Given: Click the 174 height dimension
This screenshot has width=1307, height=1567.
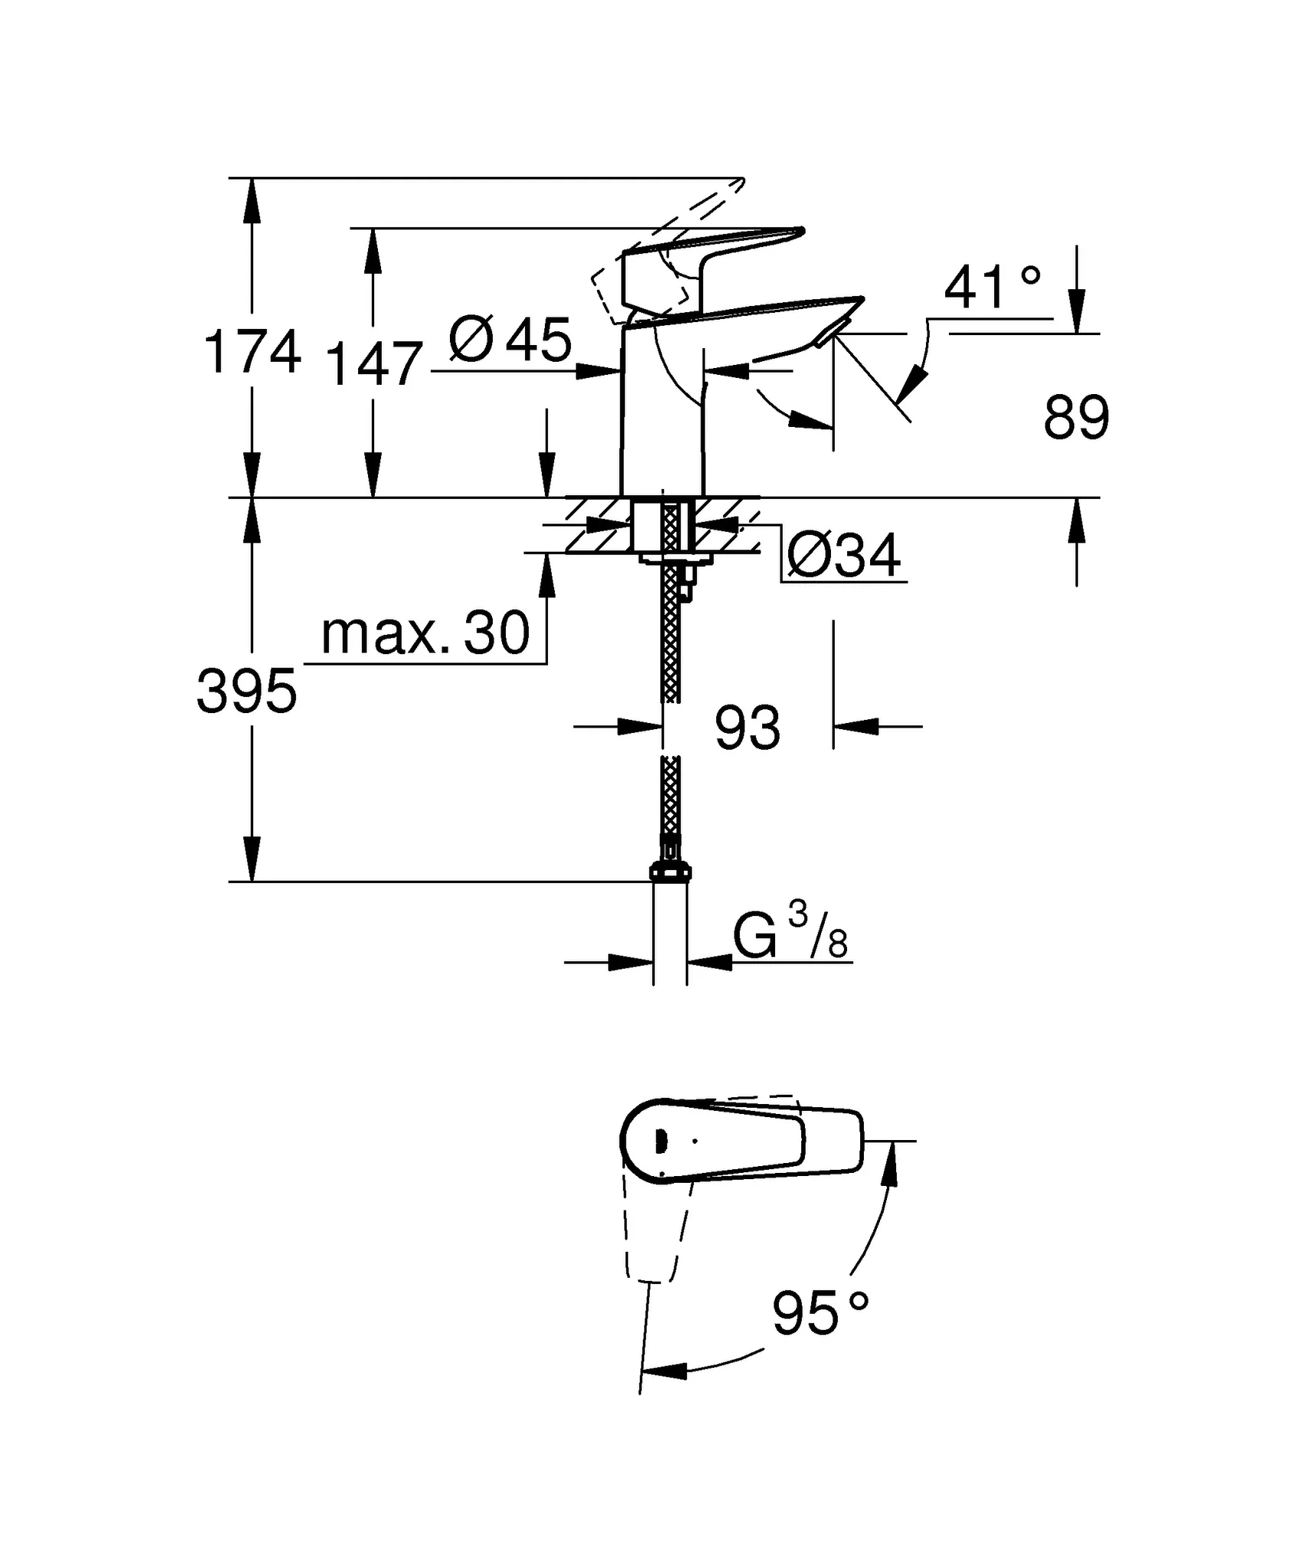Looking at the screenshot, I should click(x=252, y=353).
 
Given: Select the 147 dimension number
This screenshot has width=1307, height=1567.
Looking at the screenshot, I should click(x=373, y=364).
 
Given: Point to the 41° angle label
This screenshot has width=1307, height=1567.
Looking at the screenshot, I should click(x=992, y=288).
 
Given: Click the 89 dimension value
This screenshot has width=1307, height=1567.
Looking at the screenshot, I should click(x=1076, y=419).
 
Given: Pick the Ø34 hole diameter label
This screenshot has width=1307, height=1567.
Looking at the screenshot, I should click(x=843, y=556).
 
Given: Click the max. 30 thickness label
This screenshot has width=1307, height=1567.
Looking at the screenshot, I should click(x=425, y=634).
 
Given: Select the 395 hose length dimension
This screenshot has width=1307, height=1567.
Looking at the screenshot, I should click(x=246, y=691).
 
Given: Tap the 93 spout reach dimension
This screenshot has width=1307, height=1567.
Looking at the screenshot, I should click(x=747, y=728).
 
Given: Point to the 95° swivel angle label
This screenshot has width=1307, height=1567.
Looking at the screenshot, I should click(x=820, y=1313).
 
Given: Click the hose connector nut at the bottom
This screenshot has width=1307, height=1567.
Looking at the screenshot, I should click(x=670, y=871).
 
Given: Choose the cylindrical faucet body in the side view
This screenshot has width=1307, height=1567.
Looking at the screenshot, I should click(x=661, y=428).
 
